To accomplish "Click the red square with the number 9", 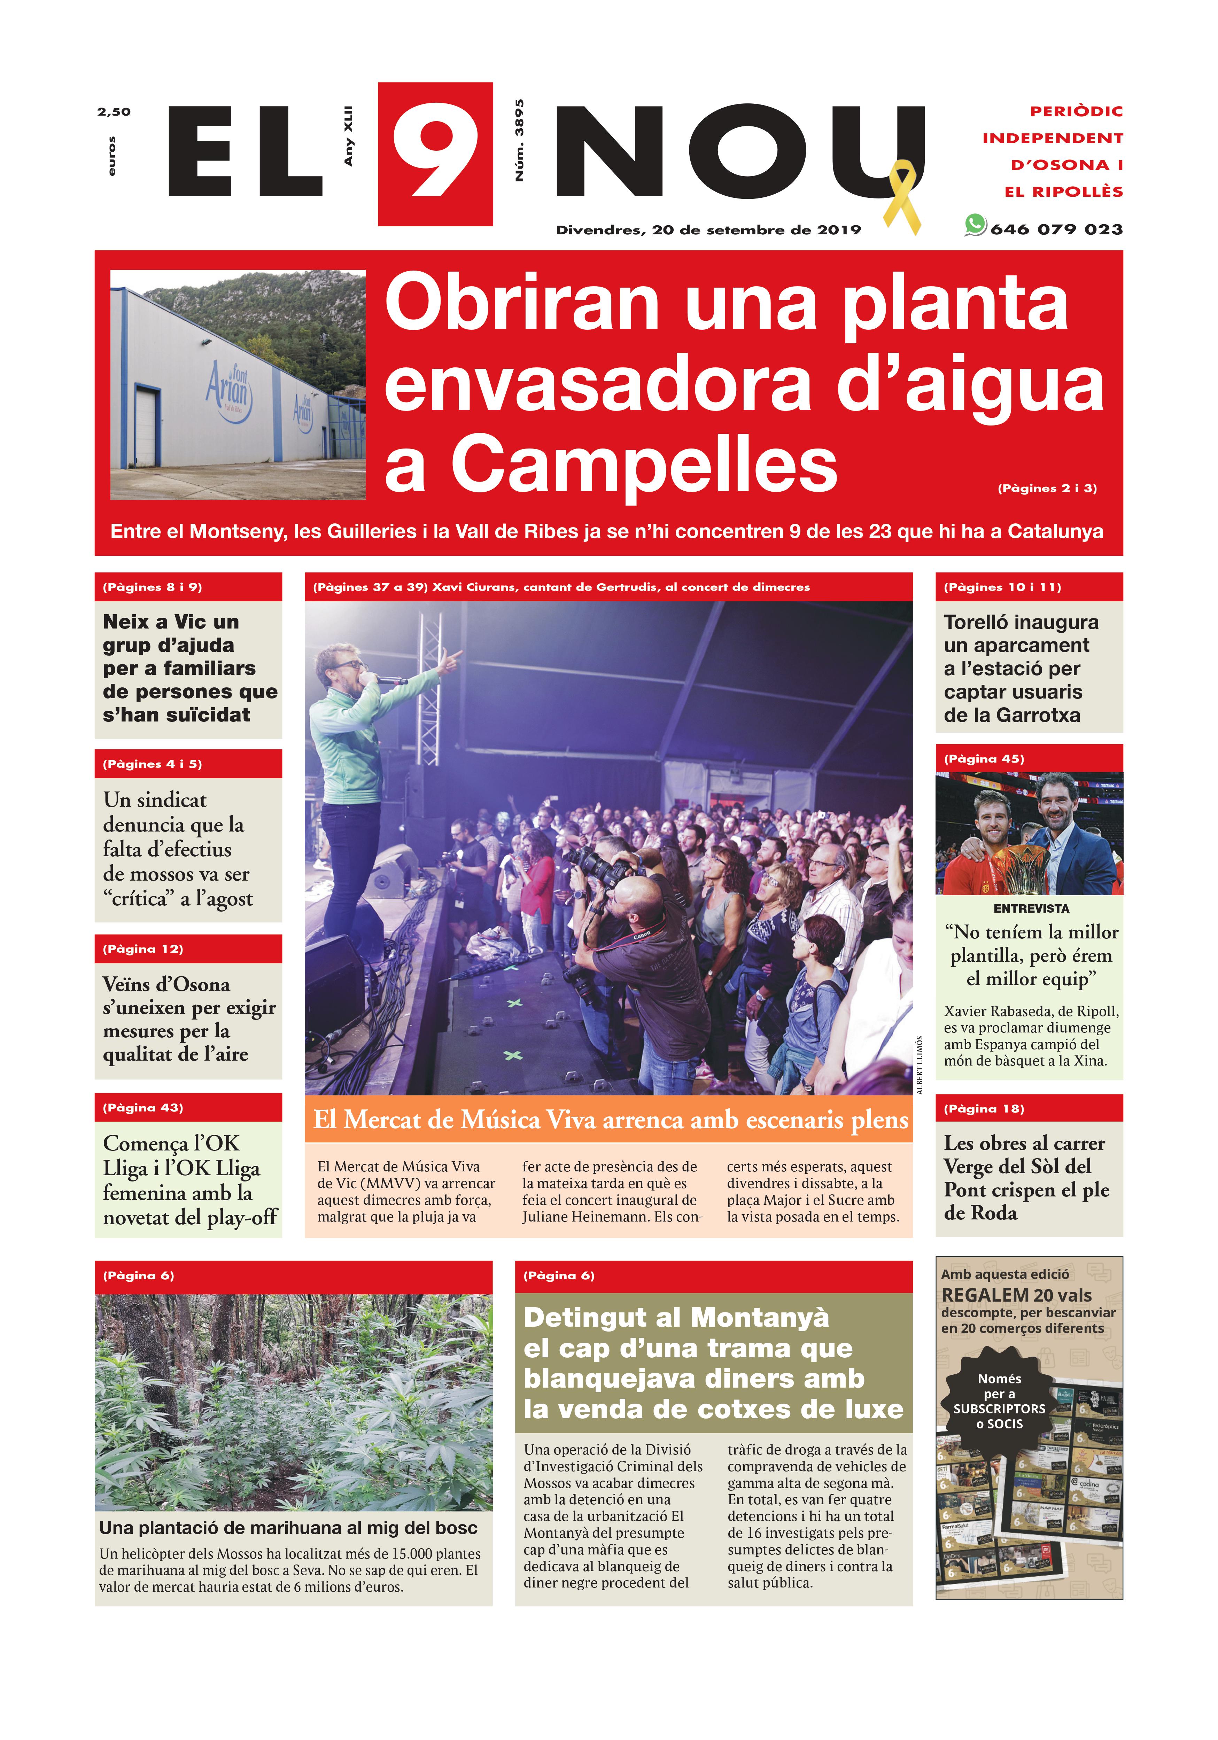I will click(x=435, y=154).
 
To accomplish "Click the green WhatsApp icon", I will click(x=975, y=225).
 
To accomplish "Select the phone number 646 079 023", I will click(x=1056, y=229).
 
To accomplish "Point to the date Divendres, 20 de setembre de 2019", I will click(x=708, y=229).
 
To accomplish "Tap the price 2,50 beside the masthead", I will click(x=114, y=111).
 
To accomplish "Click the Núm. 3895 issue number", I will click(x=519, y=140).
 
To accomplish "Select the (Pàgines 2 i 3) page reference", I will click(x=1047, y=488).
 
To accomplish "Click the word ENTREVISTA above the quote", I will click(x=1031, y=908).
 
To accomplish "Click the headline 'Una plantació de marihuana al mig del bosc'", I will click(x=288, y=1527).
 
